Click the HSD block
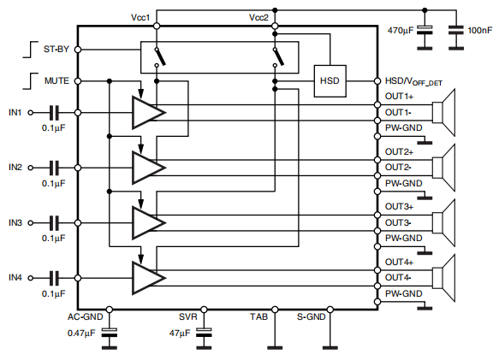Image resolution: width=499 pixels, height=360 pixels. [330, 80]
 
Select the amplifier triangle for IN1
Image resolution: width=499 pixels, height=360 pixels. [146, 112]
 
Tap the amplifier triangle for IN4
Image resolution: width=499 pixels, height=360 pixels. [146, 277]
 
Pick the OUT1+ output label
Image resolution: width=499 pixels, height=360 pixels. [399, 97]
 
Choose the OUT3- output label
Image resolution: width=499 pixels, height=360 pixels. [399, 222]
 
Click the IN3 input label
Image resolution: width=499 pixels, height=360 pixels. [15, 222]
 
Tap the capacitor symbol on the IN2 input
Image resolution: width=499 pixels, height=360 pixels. [54, 167]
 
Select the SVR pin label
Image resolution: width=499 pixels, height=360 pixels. [188, 317]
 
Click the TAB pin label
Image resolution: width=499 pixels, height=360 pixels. [259, 317]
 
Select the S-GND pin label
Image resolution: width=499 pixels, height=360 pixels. [311, 317]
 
